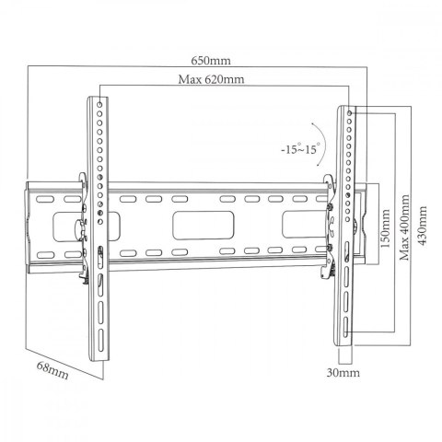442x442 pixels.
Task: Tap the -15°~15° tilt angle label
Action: (x=301, y=148)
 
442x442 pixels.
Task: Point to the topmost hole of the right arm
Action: (x=349, y=111)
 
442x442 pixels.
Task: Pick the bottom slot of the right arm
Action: (x=346, y=329)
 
